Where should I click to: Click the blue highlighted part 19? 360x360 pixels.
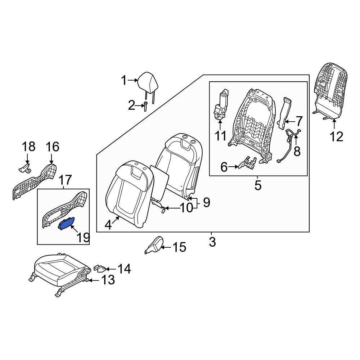pyautogui.click(x=66, y=224)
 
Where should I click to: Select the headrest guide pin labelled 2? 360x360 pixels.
pyautogui.click(x=145, y=107)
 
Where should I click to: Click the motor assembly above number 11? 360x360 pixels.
pyautogui.click(x=221, y=105)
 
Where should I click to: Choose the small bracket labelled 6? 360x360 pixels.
pyautogui.click(x=248, y=163)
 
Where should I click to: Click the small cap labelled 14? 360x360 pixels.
pyautogui.click(x=100, y=268)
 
